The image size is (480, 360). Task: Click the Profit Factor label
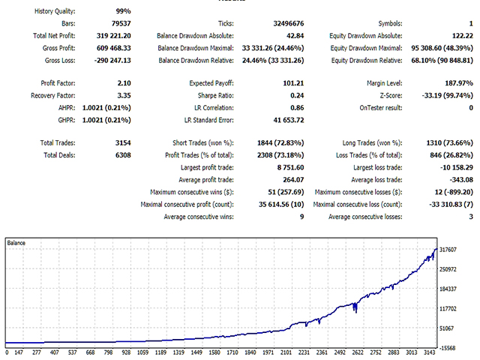point(59,82)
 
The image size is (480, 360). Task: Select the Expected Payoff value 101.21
point(290,82)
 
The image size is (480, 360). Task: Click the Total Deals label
point(60,155)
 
